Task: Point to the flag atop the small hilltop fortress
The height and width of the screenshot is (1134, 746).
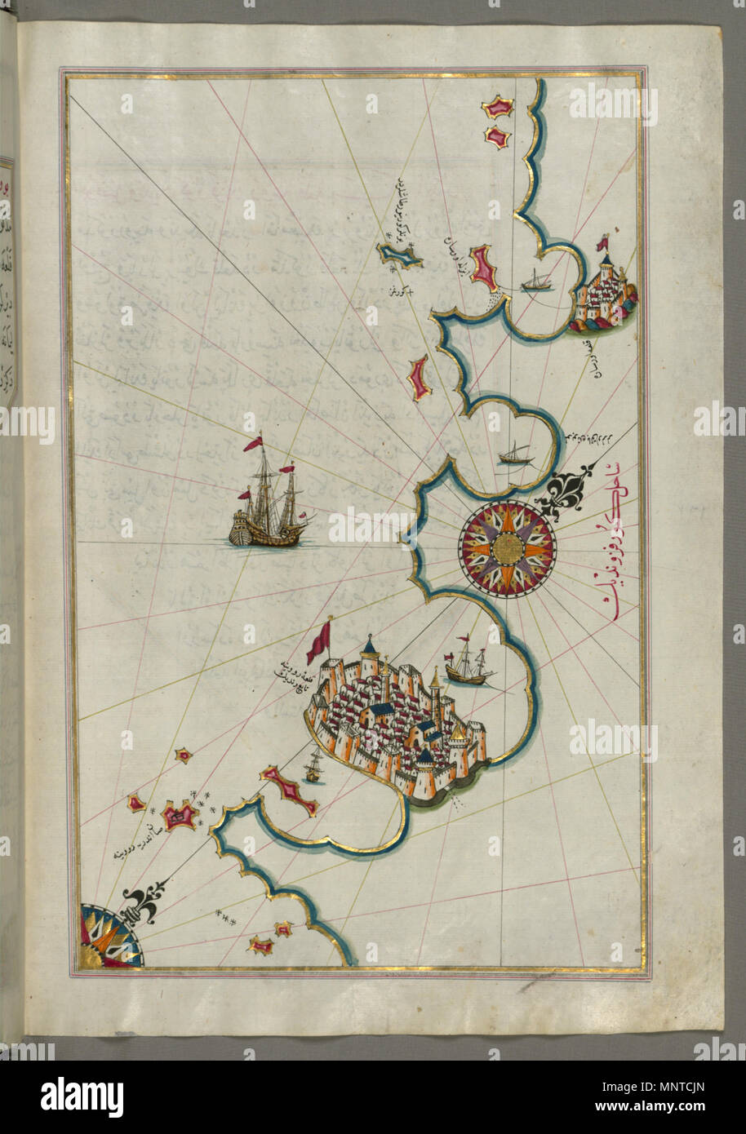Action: [x=605, y=241]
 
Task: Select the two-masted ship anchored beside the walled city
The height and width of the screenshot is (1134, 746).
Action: [x=465, y=663]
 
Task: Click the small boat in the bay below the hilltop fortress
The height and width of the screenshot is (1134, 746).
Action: [x=535, y=282]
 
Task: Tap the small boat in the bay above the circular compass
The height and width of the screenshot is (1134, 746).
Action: [x=513, y=454]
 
